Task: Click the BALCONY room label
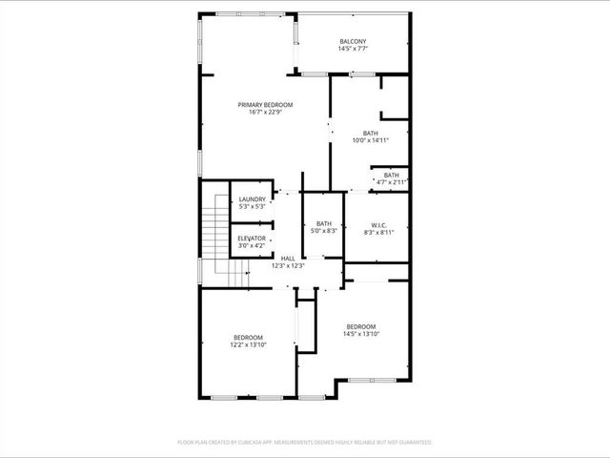click(x=353, y=41)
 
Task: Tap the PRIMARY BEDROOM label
click(x=265, y=104)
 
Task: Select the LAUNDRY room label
click(x=252, y=198)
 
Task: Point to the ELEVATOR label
click(x=252, y=239)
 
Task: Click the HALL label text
click(x=287, y=259)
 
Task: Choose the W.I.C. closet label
click(x=378, y=225)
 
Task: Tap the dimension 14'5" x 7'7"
click(x=353, y=49)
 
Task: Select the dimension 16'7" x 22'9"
click(x=265, y=113)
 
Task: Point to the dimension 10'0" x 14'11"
click(x=371, y=140)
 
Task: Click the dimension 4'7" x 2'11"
click(x=391, y=182)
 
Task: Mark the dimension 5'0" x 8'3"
click(x=324, y=231)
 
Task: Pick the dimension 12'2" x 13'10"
click(x=249, y=344)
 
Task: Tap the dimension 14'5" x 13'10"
click(x=361, y=333)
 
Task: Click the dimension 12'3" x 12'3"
click(x=287, y=266)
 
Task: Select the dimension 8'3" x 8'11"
click(x=378, y=233)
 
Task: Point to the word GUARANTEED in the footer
click(x=412, y=443)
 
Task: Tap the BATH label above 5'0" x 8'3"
click(x=324, y=223)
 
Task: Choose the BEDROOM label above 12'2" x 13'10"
click(x=249, y=337)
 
